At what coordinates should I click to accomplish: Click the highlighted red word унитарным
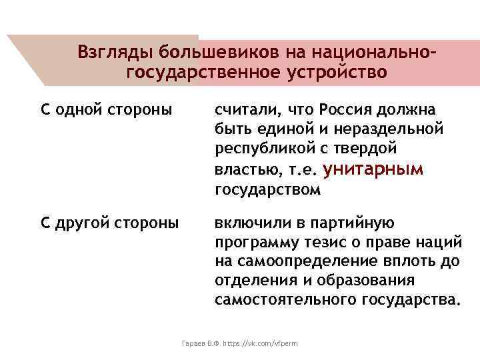tap(372, 169)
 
